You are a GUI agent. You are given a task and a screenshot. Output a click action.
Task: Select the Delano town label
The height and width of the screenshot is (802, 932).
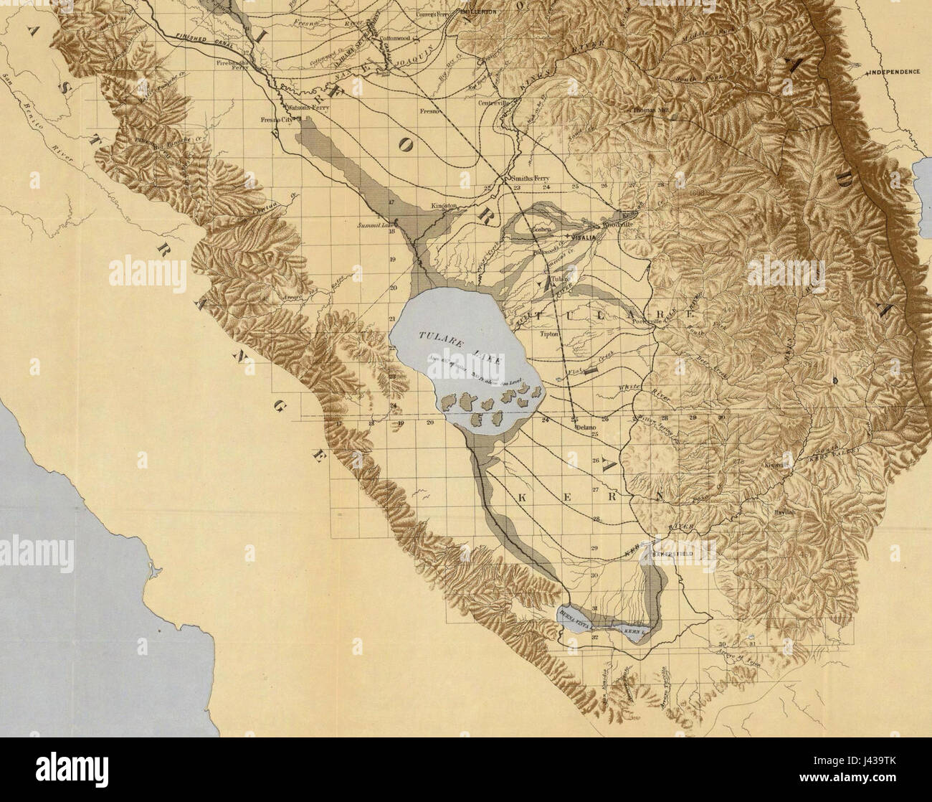584,428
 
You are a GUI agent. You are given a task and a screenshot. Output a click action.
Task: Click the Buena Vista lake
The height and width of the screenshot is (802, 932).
578,615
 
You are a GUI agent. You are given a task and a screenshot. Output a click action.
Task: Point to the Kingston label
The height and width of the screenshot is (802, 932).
444,206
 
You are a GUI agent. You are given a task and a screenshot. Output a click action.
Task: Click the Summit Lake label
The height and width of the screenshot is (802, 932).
372,225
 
